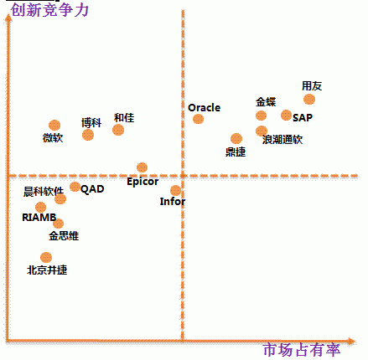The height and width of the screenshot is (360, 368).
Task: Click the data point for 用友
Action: [x=309, y=100]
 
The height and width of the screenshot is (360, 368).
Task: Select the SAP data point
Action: [x=286, y=115]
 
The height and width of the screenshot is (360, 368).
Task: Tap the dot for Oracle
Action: [x=198, y=119]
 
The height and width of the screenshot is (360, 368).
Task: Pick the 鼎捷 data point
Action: [x=236, y=138]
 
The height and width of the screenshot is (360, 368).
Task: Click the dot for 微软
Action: [x=54, y=126]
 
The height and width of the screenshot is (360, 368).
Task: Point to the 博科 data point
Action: [x=88, y=135]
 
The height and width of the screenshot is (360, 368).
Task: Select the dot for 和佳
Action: [x=118, y=130]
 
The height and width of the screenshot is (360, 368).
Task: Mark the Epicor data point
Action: [x=142, y=167]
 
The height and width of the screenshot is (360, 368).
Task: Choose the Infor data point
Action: [x=175, y=191]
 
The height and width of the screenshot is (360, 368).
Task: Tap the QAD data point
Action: [x=75, y=187]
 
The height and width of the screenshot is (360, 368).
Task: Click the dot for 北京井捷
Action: [x=46, y=257]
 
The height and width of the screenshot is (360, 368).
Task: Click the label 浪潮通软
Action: [x=282, y=139]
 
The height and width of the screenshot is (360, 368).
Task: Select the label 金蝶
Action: [x=266, y=102]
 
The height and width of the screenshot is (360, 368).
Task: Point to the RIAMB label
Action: [x=39, y=217]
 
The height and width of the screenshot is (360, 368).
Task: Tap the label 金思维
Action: [x=64, y=236]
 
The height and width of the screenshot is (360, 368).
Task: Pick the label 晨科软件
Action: [x=44, y=192]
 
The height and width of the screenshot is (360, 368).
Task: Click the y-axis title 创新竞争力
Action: [x=49, y=10]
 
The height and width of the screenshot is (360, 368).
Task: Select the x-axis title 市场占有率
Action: [x=302, y=350]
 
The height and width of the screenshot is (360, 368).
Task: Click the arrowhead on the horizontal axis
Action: [x=351, y=341]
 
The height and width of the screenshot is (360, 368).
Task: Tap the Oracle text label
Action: [x=205, y=107]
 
